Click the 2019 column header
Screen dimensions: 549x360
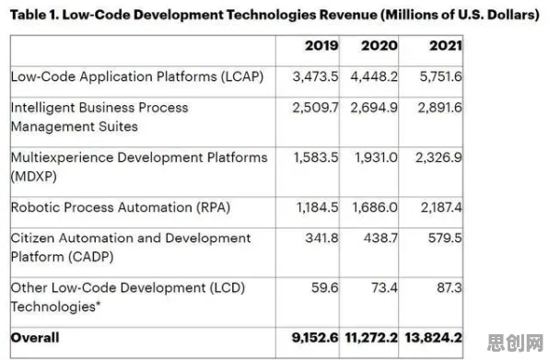click(x=321, y=45)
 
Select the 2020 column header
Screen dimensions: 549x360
click(x=380, y=45)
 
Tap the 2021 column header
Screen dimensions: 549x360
click(x=446, y=45)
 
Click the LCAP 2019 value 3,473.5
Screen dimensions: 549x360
click(x=315, y=76)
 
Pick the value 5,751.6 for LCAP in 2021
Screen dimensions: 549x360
click(x=441, y=76)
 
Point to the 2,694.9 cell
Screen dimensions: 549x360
click(x=374, y=108)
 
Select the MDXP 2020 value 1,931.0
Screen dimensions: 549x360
click(x=377, y=157)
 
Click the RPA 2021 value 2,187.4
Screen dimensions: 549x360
click(x=441, y=207)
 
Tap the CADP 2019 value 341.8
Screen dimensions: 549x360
click(x=321, y=238)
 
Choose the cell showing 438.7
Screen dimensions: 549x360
click(x=380, y=238)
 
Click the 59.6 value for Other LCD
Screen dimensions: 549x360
click(x=325, y=288)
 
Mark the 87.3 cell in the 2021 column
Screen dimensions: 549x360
click(x=450, y=288)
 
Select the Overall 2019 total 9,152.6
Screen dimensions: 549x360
click(x=315, y=338)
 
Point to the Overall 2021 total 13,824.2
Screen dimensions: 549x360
click(x=434, y=338)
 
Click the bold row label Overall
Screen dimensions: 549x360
click(x=35, y=338)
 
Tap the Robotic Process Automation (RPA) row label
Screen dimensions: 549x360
click(x=121, y=207)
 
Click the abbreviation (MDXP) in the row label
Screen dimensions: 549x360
click(x=33, y=177)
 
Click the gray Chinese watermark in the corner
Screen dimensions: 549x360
click(x=515, y=343)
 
